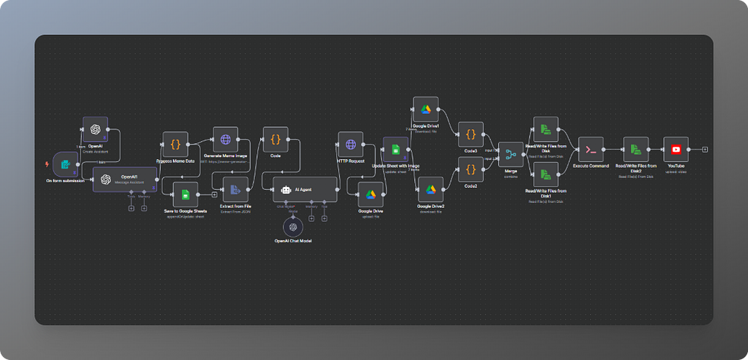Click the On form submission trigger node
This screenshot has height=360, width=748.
coord(65,164)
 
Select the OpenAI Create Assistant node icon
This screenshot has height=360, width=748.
coord(95,129)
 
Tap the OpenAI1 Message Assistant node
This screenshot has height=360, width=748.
coord(125,179)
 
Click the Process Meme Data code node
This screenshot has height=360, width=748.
coord(175,144)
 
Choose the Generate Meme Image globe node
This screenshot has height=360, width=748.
coord(226,139)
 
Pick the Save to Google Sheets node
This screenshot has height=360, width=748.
coord(186,194)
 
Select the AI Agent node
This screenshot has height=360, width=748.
coord(305,189)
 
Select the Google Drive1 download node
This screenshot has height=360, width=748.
coord(425,110)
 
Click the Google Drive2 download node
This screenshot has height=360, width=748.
coord(430,189)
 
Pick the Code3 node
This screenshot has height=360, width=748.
coord(470,134)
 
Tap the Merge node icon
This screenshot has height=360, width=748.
coord(511,154)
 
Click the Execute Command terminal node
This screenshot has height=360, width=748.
coord(591,149)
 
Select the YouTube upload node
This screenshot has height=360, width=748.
coord(676,149)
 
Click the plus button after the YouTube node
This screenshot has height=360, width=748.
coord(705,149)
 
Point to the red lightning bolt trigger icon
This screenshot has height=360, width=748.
coord(47,164)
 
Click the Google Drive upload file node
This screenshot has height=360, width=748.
coord(371,194)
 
